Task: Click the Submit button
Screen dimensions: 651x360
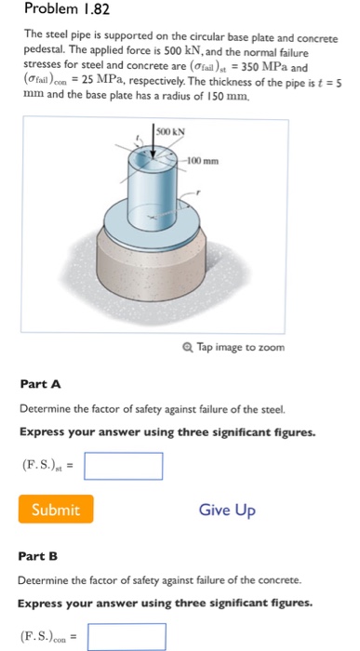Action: pos(55,509)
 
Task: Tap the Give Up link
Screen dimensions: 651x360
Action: pos(227,510)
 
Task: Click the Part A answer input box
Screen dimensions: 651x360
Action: pos(123,464)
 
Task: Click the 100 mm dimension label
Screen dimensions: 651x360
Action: pos(206,162)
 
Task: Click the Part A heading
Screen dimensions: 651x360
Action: pos(39,384)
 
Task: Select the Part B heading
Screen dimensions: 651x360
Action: pos(39,556)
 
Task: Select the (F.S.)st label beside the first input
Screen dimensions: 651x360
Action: pos(43,465)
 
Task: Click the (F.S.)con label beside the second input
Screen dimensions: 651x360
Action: pos(46,639)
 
